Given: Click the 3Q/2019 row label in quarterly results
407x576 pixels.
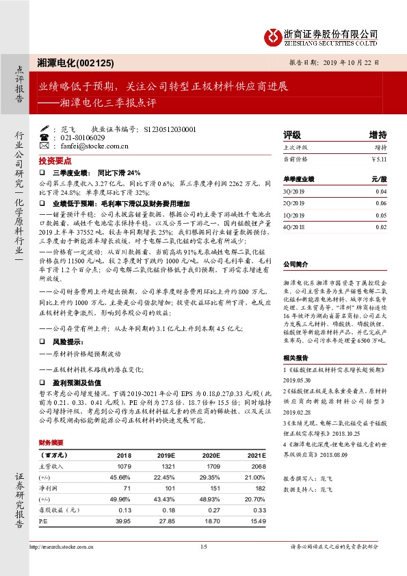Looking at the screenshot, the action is point(294,192).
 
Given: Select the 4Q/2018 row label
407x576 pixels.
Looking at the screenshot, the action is point(294,226).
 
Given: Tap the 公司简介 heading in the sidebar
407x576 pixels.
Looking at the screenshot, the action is point(296,263).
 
